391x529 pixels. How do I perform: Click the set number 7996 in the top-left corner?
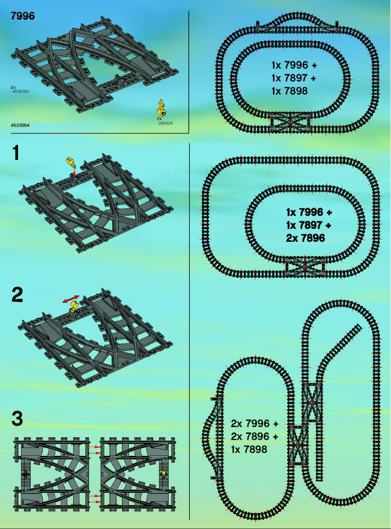click(x=22, y=16)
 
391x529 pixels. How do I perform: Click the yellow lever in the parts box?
click(x=160, y=107)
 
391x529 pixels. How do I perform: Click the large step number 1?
click(x=17, y=153)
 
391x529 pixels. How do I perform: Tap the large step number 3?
click(x=17, y=418)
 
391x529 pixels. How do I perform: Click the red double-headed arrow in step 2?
click(x=72, y=298)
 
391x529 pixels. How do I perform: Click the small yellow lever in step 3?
click(x=163, y=472)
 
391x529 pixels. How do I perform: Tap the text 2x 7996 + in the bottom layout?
click(x=254, y=423)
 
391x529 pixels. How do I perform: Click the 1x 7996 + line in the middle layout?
click(x=309, y=213)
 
